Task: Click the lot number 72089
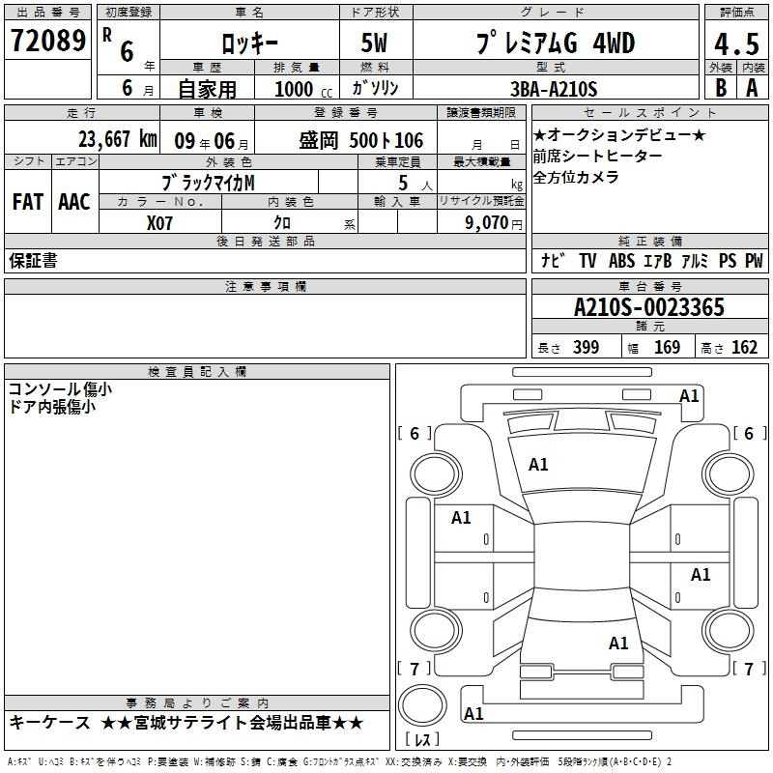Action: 48,41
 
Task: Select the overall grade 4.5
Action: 736,43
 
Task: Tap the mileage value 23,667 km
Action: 118,139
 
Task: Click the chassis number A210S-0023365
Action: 649,307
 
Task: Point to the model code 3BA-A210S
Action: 554,89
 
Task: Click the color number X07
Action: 159,223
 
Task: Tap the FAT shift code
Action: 28,202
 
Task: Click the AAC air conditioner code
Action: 74,202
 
